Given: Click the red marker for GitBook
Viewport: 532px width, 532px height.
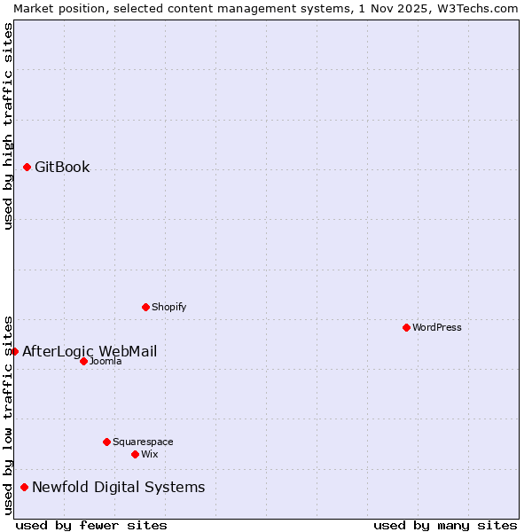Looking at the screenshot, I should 27,167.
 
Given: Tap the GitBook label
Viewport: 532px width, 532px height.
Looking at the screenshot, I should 62,167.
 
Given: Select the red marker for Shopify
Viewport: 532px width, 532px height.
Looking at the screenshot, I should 145,307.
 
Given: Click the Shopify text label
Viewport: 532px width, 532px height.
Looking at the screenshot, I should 168,307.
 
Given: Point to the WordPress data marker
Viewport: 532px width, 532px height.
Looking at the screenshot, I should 406,327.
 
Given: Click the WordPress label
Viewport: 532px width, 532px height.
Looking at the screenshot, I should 436,327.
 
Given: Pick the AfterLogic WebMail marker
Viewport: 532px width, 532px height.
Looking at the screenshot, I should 14,351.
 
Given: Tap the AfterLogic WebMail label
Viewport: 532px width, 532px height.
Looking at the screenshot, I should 90,351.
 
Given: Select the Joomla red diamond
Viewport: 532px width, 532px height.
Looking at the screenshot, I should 83,361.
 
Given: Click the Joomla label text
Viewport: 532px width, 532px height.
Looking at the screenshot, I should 106,361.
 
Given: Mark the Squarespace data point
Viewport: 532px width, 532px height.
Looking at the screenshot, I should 106,442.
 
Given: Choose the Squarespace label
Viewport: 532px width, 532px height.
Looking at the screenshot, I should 143,442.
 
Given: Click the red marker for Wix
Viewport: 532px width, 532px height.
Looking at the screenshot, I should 135,454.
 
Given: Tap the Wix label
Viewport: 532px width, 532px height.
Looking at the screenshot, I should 149,454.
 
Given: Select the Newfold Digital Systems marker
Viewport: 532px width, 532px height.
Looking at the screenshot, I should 24,487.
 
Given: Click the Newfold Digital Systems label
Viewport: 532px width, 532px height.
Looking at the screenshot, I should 118,487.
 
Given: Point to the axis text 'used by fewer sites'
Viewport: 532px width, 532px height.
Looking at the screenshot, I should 91,525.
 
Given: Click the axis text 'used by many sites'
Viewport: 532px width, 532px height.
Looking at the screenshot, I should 445,525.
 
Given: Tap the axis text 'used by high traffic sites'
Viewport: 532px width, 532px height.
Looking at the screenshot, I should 8,126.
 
